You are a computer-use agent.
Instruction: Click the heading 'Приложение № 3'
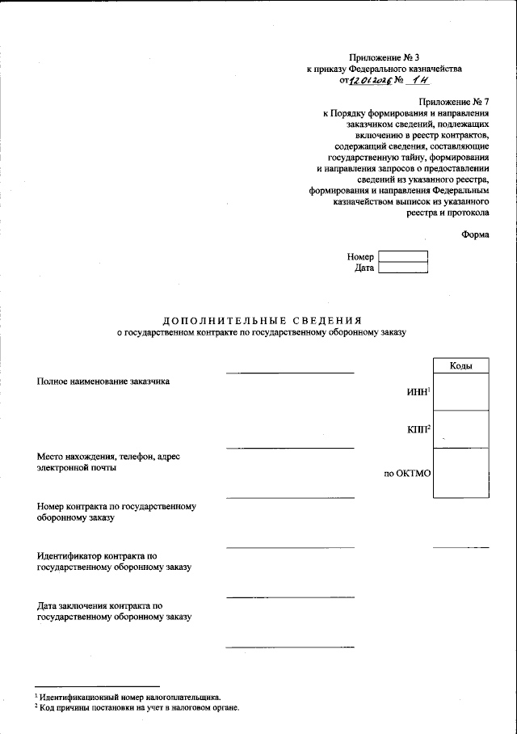[x=384, y=58]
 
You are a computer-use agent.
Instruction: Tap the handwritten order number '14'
[x=419, y=81]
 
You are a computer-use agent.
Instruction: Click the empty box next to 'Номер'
[x=403, y=256]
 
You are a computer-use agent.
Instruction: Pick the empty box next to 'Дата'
[x=403, y=268]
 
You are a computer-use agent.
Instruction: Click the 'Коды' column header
[x=460, y=366]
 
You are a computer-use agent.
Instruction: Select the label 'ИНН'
[x=418, y=392]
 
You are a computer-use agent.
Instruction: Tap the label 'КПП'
[x=418, y=429]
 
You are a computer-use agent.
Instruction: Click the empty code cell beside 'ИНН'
[x=460, y=392]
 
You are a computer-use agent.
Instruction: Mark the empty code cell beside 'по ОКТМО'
[x=460, y=473]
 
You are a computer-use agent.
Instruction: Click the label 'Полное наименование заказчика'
[x=103, y=381]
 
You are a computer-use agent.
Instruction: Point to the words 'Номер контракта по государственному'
[x=117, y=507]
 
